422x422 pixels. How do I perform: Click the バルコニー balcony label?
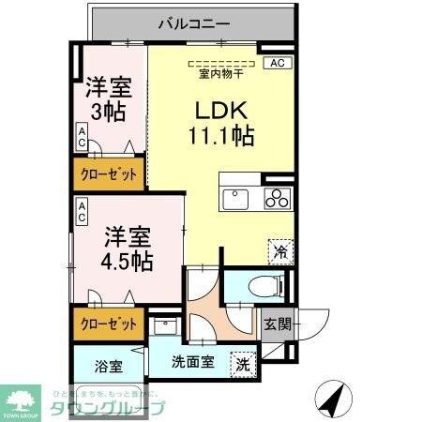tap(193, 21)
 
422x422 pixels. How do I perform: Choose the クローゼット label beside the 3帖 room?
tap(109, 174)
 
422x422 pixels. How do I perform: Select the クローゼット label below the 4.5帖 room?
tap(109, 324)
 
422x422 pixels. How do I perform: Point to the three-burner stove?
tap(277, 198)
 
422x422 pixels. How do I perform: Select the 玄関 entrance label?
tap(278, 324)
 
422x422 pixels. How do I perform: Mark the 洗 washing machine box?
tap(243, 364)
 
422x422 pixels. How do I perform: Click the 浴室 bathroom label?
tap(108, 366)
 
